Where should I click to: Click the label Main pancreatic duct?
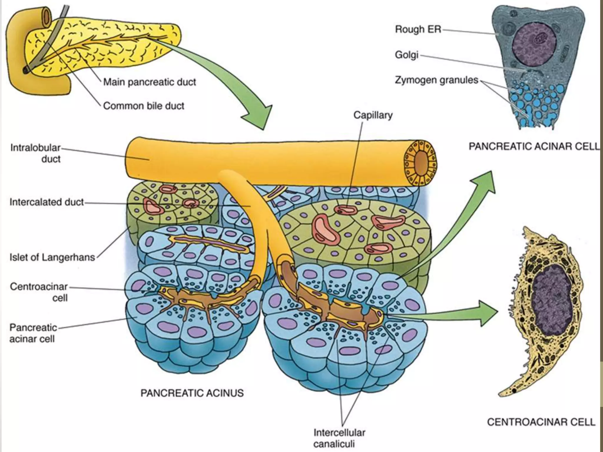[x=150, y=82]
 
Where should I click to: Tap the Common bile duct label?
[x=144, y=106]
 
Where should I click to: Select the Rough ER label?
[x=418, y=29]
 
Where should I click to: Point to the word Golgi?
[x=406, y=55]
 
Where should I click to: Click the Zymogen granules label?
[x=436, y=80]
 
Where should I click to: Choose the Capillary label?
[x=373, y=115]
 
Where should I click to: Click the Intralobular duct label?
[x=36, y=153]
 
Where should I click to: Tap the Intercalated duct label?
[x=47, y=202]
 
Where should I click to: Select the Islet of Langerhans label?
[x=52, y=257]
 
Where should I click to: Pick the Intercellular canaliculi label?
[x=339, y=438]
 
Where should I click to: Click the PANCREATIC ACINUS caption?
[x=192, y=393]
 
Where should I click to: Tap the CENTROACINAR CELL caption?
[x=541, y=422]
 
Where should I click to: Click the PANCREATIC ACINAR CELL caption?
[x=534, y=146]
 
